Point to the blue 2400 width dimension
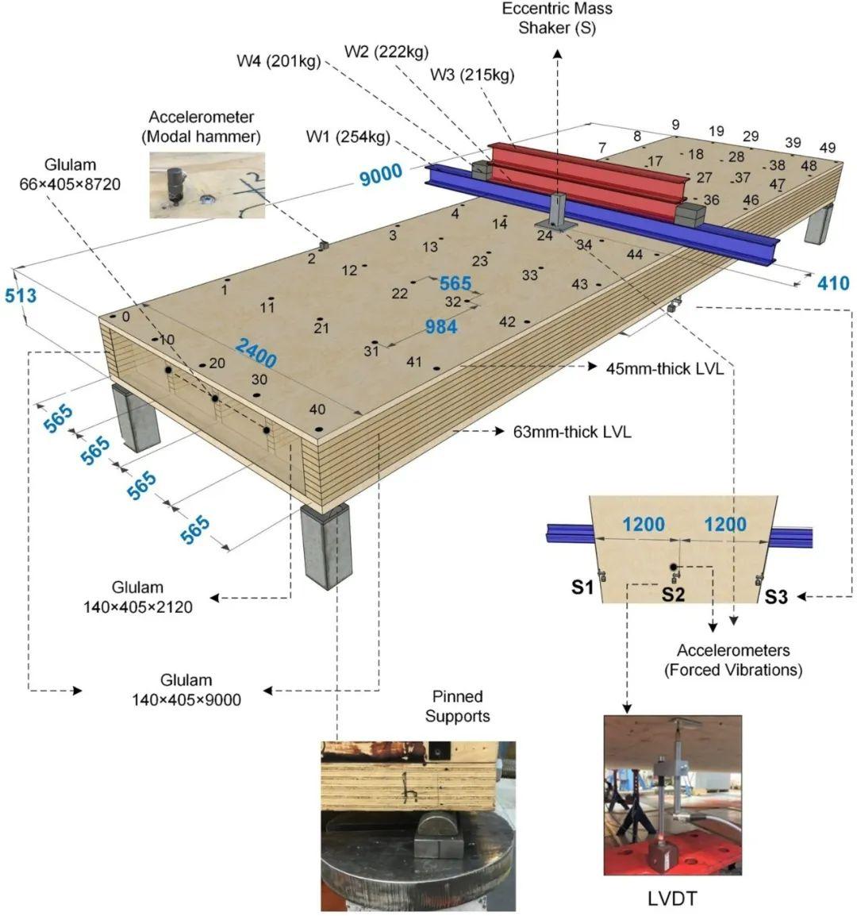[x=256, y=352]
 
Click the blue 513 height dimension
[x=21, y=295]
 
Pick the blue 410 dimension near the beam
[x=833, y=283]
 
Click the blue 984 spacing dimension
[x=441, y=326]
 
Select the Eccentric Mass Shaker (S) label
[x=557, y=18]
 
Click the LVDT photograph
[x=673, y=795]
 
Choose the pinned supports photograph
[x=418, y=826]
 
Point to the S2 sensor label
[x=673, y=593]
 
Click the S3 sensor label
[x=776, y=597]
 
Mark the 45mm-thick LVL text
[x=664, y=368]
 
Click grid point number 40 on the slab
[x=317, y=410]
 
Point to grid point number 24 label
[x=544, y=235]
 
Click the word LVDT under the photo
[x=672, y=899]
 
